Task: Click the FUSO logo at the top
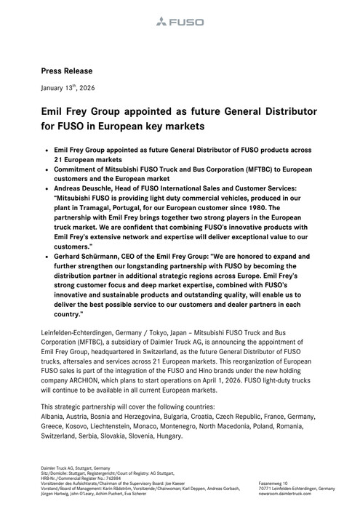180,24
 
